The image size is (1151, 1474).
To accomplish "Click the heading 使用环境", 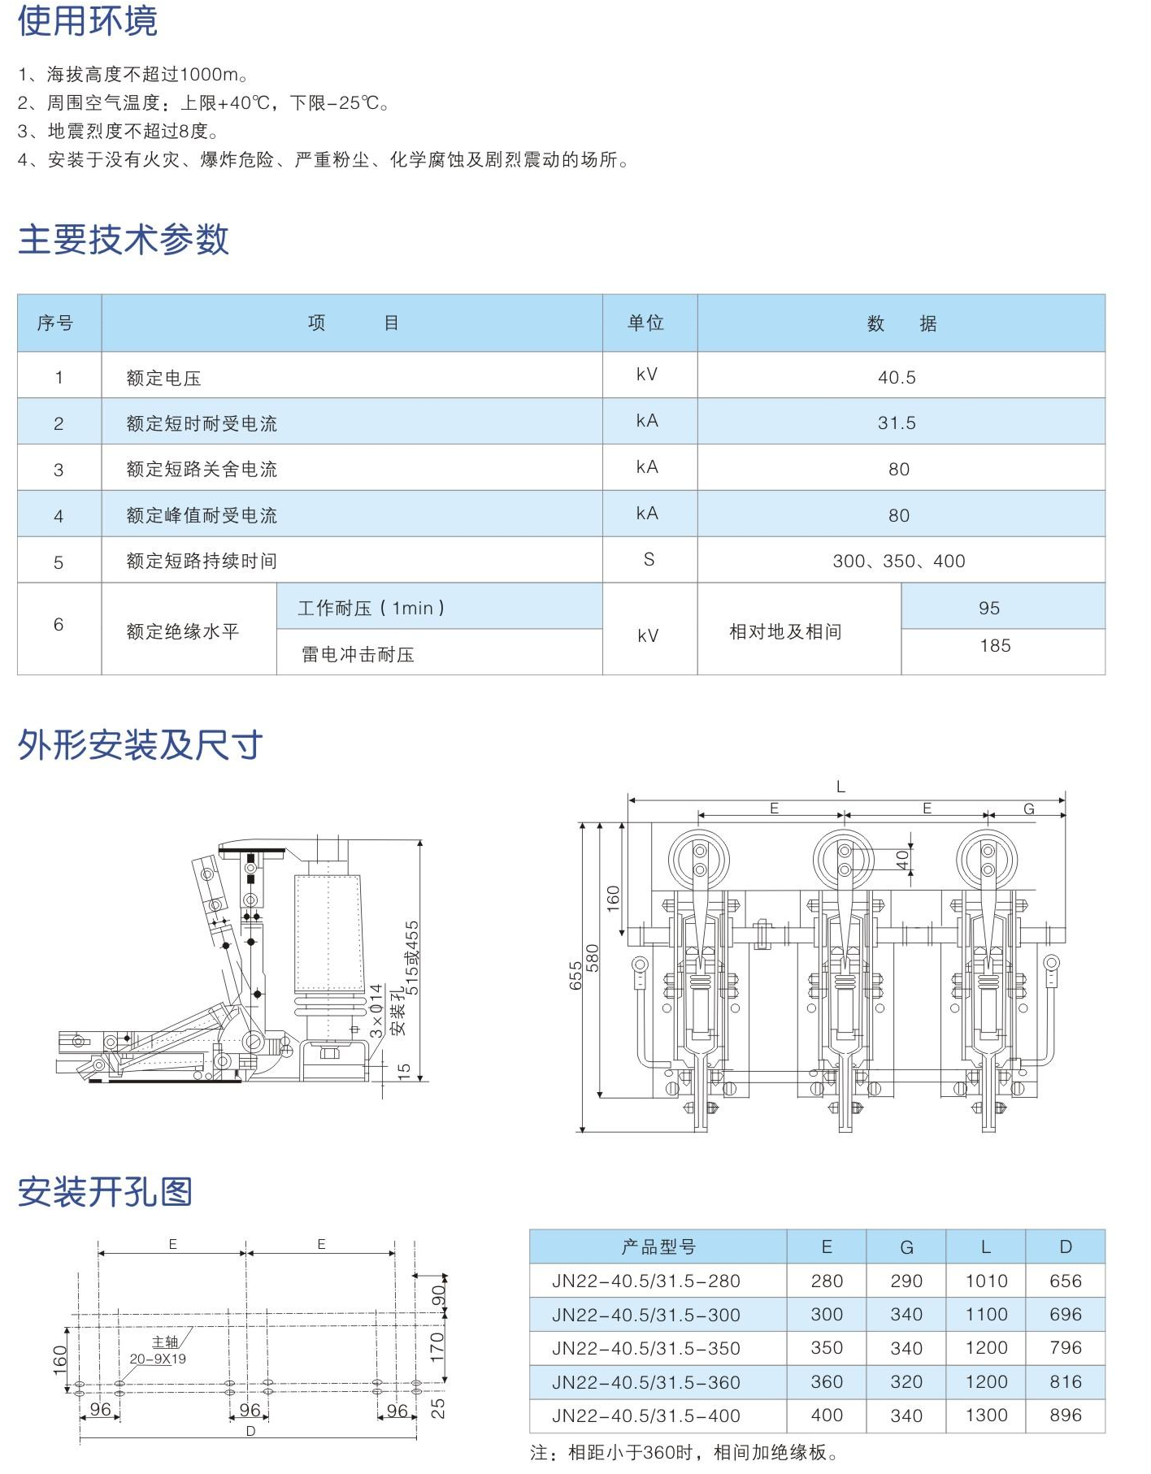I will [87, 21].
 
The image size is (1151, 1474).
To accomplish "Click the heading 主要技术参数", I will [124, 240].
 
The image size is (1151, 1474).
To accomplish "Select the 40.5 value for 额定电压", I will [897, 377].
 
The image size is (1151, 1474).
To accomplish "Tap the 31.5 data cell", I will [897, 423].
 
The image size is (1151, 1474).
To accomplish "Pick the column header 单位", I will [646, 323].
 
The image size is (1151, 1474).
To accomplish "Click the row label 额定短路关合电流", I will [202, 469].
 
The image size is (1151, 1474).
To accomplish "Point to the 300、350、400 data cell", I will [898, 561].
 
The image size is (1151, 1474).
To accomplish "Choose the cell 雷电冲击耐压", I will [358, 654].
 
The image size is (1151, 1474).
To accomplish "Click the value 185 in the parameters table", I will [995, 646].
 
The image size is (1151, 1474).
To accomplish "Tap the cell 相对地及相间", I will [785, 631].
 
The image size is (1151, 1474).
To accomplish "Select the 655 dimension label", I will [575, 975].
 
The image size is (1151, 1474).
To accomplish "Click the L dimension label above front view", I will [840, 787].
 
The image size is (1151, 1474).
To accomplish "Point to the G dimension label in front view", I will [1028, 809].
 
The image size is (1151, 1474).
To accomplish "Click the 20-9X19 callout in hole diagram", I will [158, 1359].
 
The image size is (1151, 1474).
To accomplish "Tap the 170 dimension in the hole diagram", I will [437, 1347].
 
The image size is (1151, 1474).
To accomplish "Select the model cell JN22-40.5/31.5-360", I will [645, 1382].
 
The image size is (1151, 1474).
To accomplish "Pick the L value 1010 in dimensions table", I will [986, 1281].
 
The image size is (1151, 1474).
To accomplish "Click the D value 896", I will [1065, 1415].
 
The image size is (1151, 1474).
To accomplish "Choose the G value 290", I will [906, 1281].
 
